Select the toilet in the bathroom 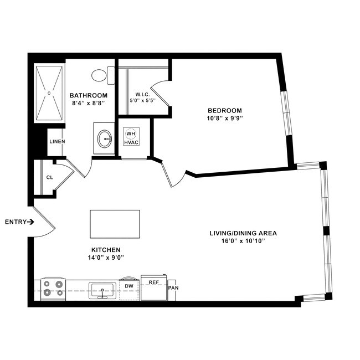(x=101, y=75)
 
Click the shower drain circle (x=49, y=93)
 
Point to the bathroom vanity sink (x=105, y=138)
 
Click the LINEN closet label (x=57, y=142)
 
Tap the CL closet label (x=50, y=178)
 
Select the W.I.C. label (x=143, y=94)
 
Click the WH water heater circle (x=131, y=133)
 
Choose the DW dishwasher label (x=128, y=286)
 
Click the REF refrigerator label (x=153, y=282)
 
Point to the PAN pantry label (x=173, y=288)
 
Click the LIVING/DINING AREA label (x=243, y=233)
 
